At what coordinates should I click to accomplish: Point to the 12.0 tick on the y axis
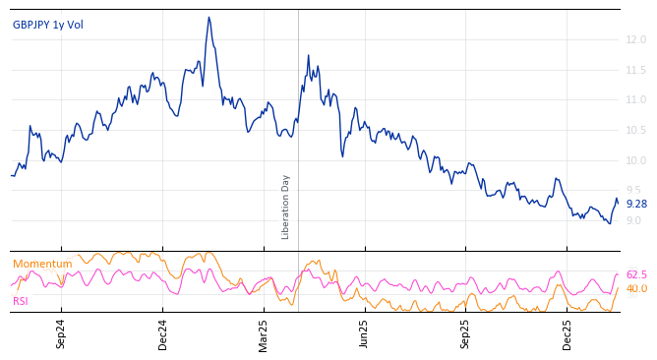tap(635, 39)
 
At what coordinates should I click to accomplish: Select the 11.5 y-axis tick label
tap(635, 70)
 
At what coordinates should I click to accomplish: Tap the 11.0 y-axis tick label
tap(635, 99)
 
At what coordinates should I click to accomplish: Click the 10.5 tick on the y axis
tap(635, 130)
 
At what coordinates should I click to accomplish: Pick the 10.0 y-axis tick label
tap(635, 160)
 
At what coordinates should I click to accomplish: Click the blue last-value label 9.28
tap(636, 204)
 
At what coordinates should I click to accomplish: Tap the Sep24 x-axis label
tap(61, 333)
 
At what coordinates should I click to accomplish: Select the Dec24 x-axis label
tap(163, 333)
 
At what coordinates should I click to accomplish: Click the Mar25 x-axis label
tap(264, 333)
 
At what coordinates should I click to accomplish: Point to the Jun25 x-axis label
tap(365, 333)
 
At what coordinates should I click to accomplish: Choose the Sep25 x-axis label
tap(466, 333)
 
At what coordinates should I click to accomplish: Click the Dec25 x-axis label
tap(567, 333)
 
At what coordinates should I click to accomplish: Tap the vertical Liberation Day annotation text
tap(286, 207)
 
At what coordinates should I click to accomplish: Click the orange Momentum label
tap(42, 264)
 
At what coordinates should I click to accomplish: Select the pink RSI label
tap(21, 301)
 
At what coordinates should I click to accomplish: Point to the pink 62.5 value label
tap(636, 274)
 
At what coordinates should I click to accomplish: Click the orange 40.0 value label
tap(636, 288)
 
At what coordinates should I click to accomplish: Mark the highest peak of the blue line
tap(209, 17)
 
